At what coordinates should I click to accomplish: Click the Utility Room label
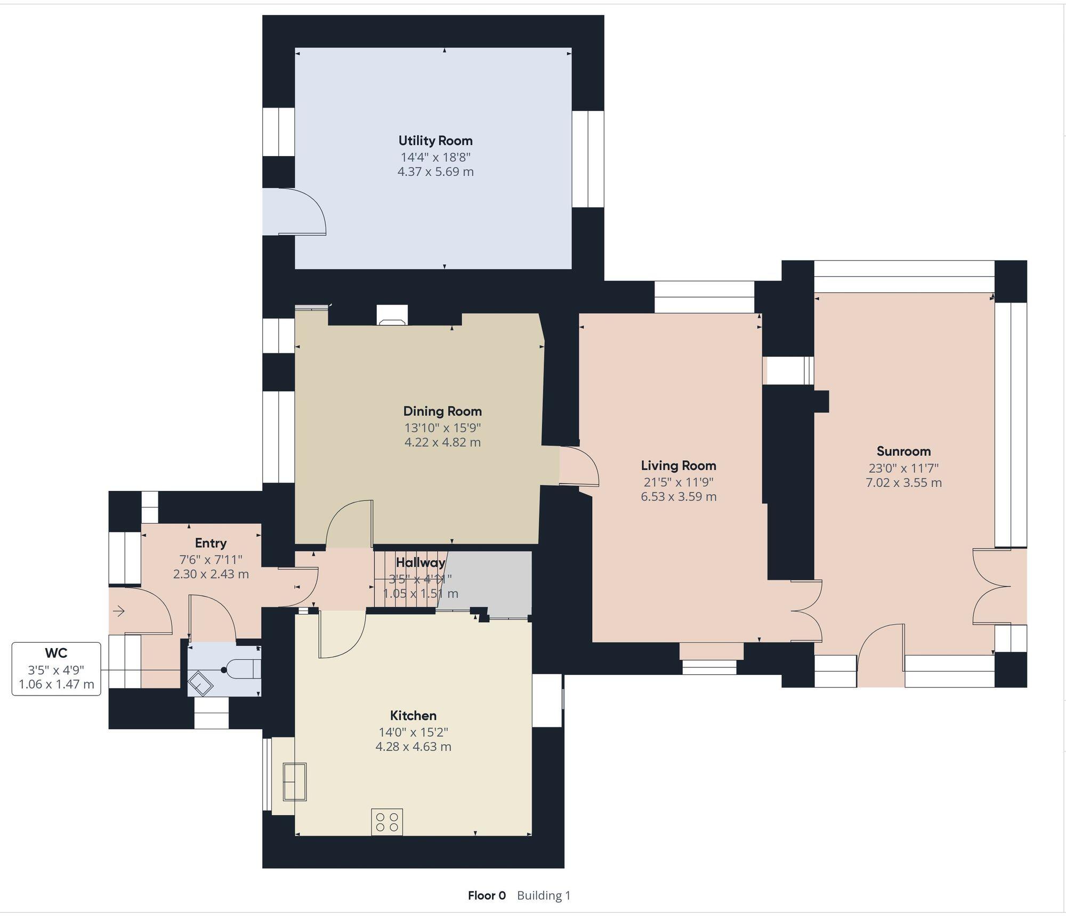pyautogui.click(x=435, y=141)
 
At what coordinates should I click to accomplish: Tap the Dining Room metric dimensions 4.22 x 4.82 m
pyautogui.click(x=442, y=442)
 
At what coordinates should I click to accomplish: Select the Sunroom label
pyautogui.click(x=903, y=451)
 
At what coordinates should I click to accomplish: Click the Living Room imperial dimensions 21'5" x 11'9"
pyautogui.click(x=678, y=482)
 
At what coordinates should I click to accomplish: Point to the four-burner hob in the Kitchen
pyautogui.click(x=387, y=822)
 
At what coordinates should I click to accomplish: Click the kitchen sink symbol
pyautogui.click(x=295, y=781)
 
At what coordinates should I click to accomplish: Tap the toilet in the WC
pyautogui.click(x=243, y=669)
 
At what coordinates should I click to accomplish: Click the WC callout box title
pyautogui.click(x=56, y=653)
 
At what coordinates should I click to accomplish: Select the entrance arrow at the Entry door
pyautogui.click(x=118, y=611)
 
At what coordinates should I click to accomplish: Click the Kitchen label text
pyautogui.click(x=413, y=715)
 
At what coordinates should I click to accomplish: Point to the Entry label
pyautogui.click(x=211, y=543)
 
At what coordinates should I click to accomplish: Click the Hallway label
pyautogui.click(x=420, y=562)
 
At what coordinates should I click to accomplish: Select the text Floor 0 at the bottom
pyautogui.click(x=487, y=895)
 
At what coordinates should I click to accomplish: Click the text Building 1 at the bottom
pyautogui.click(x=543, y=895)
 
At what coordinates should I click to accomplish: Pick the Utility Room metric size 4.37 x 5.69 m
pyautogui.click(x=435, y=171)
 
